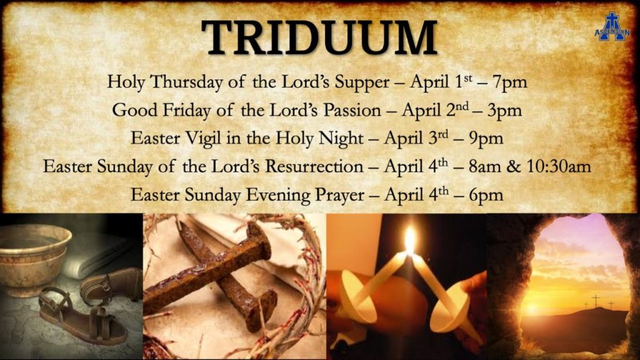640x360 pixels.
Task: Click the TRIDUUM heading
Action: (x=319, y=37)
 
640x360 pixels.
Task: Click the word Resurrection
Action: (x=314, y=166)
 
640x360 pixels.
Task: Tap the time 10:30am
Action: (x=559, y=166)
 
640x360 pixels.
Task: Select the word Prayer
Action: (x=339, y=196)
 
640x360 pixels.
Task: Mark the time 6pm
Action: (x=486, y=196)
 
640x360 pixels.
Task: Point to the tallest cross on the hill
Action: (x=596, y=301)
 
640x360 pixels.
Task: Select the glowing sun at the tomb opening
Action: (x=531, y=309)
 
